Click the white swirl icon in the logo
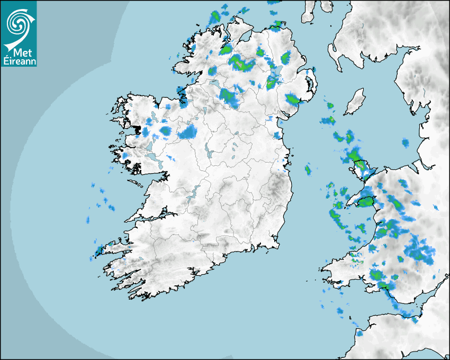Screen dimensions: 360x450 click(18, 23)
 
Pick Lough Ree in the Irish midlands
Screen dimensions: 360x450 click(207, 153)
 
